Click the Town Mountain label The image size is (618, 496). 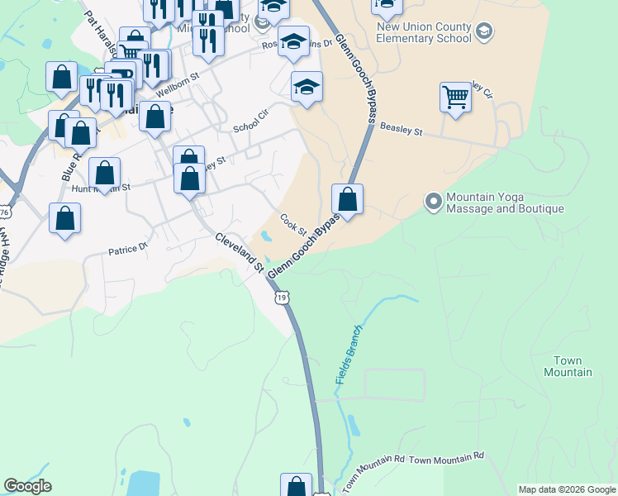[x=568, y=366]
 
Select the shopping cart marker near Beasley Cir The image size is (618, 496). [x=455, y=98]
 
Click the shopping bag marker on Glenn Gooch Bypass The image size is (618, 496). [x=348, y=200]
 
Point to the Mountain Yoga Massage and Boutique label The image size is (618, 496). [x=505, y=203]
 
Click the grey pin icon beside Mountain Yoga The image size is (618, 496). [x=433, y=201]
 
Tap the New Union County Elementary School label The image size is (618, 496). [x=423, y=31]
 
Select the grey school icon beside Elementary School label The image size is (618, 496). [x=484, y=31]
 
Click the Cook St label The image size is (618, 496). [x=293, y=224]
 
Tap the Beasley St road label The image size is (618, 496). [x=401, y=130]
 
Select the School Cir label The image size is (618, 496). [x=251, y=122]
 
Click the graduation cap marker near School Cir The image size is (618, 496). [x=307, y=87]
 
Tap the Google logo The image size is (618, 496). [x=27, y=486]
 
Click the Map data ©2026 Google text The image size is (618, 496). [x=566, y=489]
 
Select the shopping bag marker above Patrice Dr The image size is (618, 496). [x=65, y=219]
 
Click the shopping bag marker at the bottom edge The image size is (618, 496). [x=296, y=486]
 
